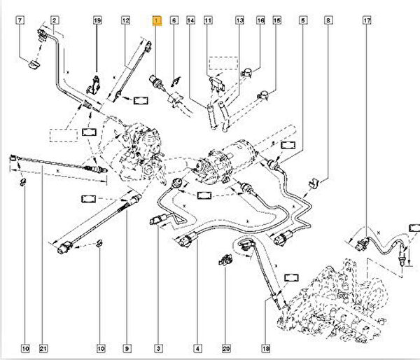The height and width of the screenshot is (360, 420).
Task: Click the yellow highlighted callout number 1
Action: tap(157, 22)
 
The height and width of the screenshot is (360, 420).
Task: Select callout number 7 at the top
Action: tap(20, 22)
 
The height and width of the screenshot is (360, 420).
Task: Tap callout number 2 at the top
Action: tap(55, 22)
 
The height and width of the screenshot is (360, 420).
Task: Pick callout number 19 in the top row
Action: tap(97, 22)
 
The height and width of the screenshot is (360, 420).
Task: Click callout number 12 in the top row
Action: tap(126, 22)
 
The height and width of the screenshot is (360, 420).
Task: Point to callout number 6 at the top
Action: tap(174, 22)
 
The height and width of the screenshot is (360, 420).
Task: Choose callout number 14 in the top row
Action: tap(190, 22)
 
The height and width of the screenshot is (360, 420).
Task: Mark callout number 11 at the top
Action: tap(208, 22)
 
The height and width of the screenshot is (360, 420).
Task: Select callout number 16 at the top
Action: tap(260, 22)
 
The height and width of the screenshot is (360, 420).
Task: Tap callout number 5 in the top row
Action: tap(302, 22)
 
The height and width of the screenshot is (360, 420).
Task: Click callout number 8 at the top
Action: tap(328, 22)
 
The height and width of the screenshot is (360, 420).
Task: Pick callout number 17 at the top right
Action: tap(366, 22)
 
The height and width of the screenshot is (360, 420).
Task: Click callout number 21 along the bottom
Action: tap(43, 347)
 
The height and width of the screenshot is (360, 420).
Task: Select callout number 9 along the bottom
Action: tap(128, 347)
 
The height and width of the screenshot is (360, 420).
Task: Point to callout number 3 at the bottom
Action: tap(158, 347)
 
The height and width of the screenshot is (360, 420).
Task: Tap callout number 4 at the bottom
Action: tap(199, 347)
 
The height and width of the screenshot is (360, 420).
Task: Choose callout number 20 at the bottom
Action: tap(226, 347)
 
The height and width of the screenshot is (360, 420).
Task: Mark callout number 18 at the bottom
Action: tap(265, 347)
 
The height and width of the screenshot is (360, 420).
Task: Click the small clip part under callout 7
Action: tap(32, 67)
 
